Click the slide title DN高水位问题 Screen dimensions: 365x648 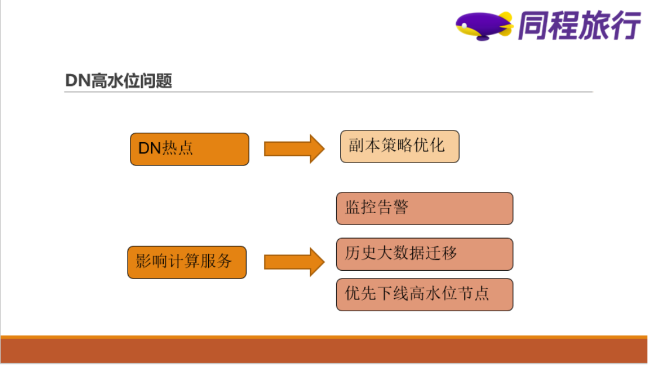coord(118,80)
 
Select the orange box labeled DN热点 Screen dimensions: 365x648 coord(189,149)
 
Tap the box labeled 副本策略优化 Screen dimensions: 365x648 coord(399,146)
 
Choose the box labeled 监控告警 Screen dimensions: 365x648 coord(424,208)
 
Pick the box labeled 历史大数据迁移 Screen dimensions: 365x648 coord(424,254)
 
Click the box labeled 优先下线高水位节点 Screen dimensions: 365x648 coord(424,294)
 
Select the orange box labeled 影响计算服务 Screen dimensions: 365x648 coord(187,262)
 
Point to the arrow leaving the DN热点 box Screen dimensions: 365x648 coord(294,149)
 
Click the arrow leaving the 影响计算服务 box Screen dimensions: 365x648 coord(294,261)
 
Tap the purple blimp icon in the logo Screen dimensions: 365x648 coord(483,26)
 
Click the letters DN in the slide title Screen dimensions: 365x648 coord(77,80)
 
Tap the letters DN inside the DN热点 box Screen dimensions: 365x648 coord(149,149)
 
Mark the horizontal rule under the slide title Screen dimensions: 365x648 coord(328,92)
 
